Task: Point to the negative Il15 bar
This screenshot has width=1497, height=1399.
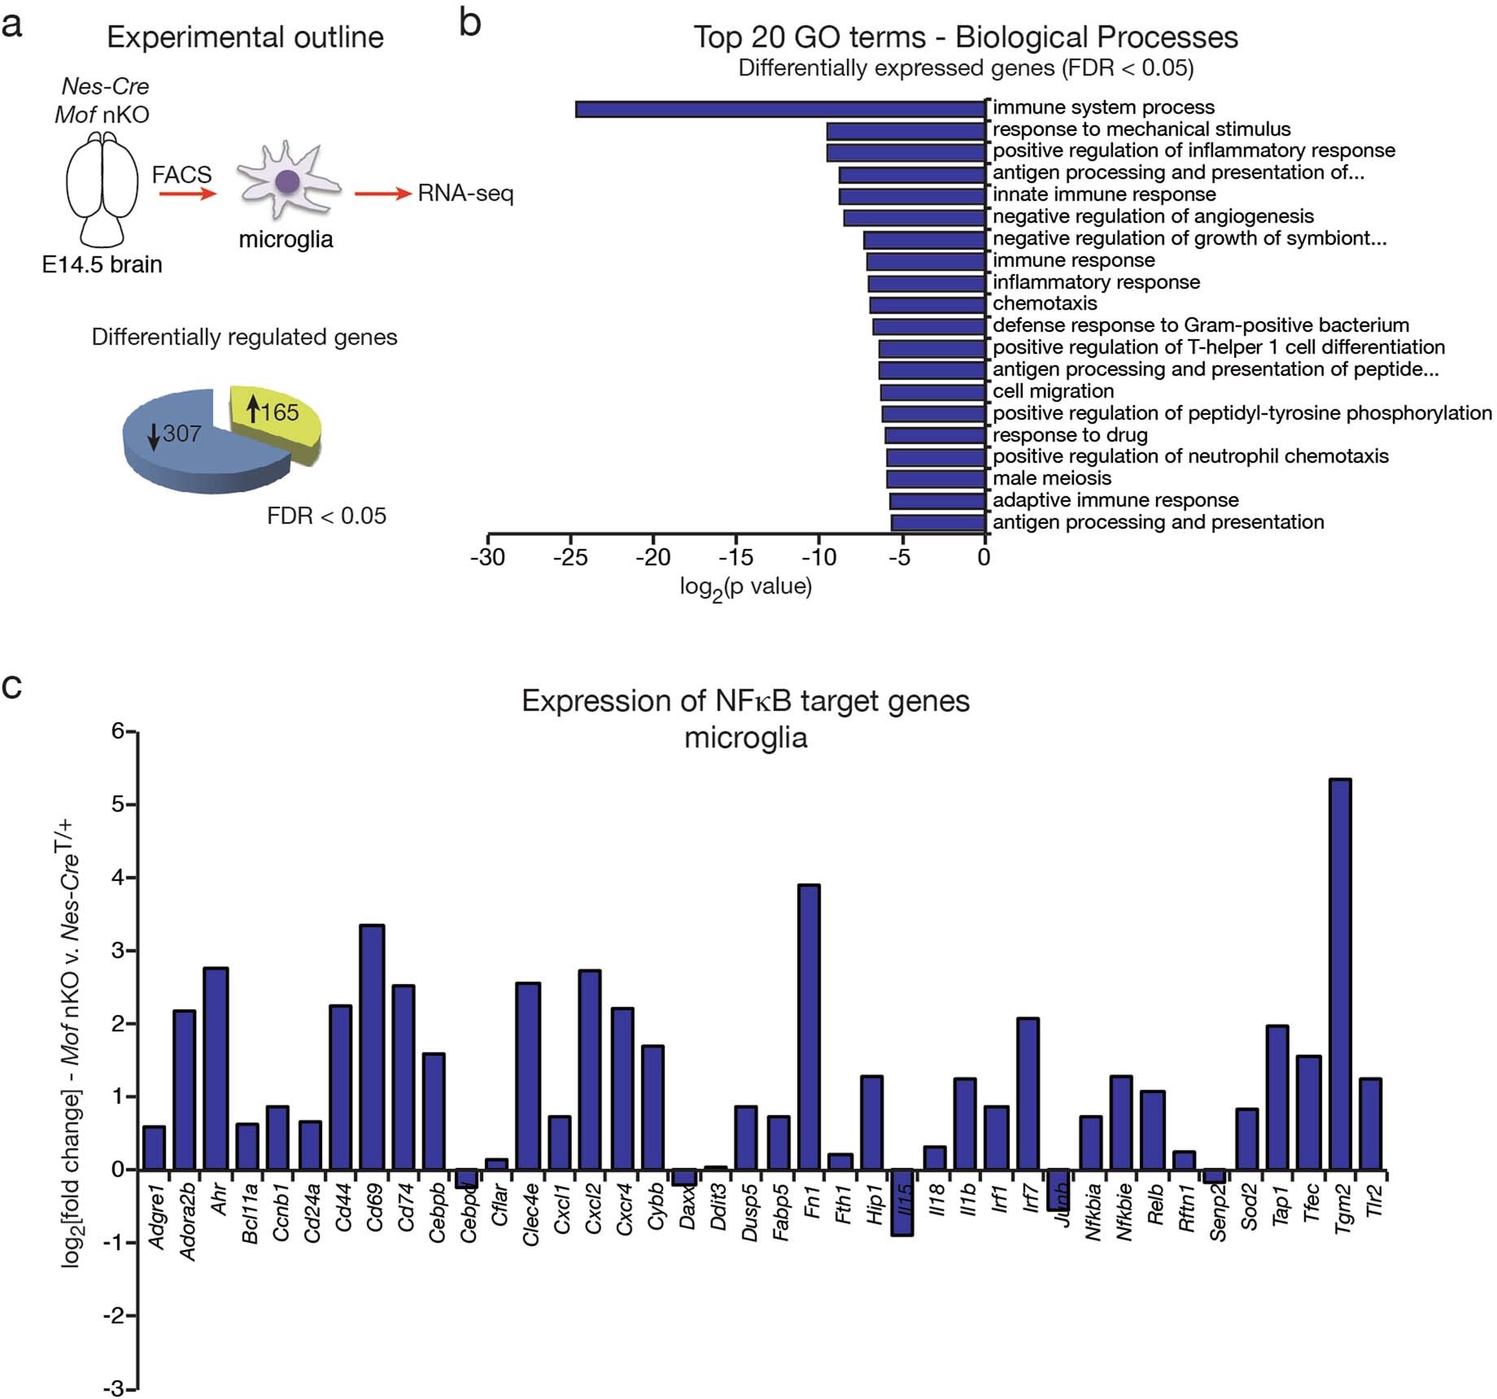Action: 902,1202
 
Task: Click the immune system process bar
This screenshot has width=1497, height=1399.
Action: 780,109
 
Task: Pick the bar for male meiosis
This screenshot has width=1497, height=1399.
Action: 936,479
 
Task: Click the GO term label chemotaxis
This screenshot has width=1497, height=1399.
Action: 1045,303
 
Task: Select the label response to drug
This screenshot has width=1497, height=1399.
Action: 1070,435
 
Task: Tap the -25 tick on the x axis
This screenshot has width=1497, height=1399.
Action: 570,557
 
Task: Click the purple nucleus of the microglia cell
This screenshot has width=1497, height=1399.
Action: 286,181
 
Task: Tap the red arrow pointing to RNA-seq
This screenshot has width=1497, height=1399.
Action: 382,194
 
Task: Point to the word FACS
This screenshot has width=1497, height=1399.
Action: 181,175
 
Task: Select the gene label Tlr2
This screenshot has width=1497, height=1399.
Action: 1374,1201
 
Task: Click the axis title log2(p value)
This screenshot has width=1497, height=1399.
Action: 745,587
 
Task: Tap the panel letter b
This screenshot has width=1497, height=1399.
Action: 470,23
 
